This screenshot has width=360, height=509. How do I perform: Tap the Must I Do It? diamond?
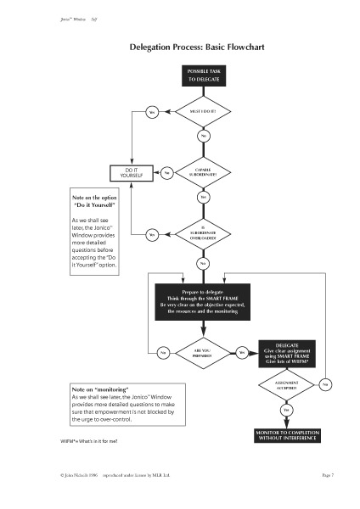click(x=203, y=111)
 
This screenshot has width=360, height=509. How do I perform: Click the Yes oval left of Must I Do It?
click(x=154, y=112)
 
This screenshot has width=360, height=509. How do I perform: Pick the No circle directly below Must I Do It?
click(x=203, y=136)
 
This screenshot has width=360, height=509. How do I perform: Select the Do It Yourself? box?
click(x=132, y=172)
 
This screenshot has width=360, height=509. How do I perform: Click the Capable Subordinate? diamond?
click(x=203, y=172)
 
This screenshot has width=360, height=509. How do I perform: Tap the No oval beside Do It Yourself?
click(x=167, y=173)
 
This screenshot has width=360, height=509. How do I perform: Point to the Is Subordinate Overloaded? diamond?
click(x=203, y=233)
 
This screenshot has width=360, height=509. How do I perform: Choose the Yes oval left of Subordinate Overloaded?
click(x=153, y=234)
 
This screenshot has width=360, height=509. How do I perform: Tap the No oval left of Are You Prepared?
click(x=163, y=352)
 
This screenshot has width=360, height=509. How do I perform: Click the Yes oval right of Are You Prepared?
click(x=241, y=352)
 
